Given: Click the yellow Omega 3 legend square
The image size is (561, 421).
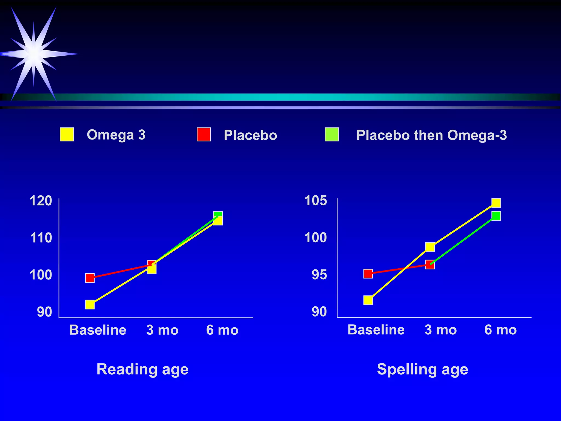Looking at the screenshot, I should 67,134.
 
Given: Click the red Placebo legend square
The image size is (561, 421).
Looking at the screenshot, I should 204,134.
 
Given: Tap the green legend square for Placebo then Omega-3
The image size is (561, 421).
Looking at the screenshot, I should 332,134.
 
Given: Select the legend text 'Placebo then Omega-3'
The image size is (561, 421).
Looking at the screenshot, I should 431,135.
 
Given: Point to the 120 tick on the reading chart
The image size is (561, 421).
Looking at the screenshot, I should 41,201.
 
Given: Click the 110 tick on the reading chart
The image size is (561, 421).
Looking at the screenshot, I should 41,238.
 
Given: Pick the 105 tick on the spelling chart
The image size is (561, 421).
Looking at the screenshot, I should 316,201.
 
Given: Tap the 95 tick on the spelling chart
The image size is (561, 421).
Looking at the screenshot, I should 319,275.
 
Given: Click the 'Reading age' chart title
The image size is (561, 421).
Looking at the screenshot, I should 142,369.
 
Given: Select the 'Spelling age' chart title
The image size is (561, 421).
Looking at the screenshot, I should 422,369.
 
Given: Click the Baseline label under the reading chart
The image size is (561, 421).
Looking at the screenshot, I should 98,330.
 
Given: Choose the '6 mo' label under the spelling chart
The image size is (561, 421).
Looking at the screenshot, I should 500,330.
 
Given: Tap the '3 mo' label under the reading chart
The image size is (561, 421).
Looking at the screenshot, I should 162,330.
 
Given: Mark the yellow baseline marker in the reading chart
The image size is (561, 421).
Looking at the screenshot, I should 90,305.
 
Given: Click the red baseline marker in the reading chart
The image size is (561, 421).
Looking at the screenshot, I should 90,278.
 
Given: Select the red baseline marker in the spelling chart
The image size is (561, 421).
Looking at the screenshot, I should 368,274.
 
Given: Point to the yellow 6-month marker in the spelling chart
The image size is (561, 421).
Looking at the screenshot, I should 496,203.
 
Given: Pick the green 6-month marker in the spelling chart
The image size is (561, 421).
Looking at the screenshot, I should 496,216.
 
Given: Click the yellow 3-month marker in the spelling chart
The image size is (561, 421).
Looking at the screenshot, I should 430,247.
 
